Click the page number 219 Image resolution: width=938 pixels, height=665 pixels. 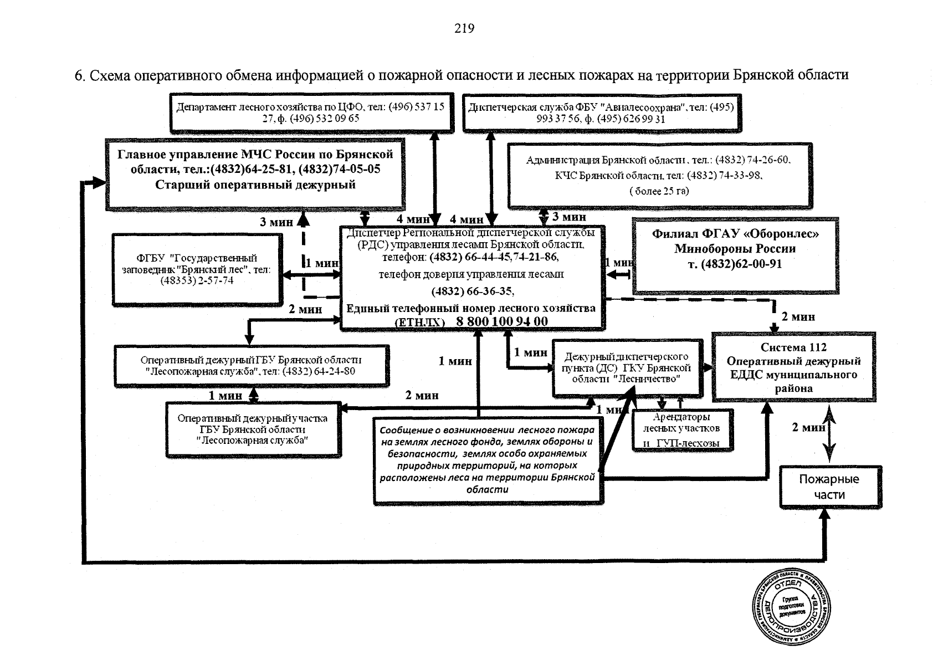point(464,29)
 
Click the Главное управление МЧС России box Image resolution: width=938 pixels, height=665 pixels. point(255,173)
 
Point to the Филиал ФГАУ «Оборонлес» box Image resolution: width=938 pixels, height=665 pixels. point(735,254)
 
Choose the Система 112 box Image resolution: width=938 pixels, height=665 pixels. point(793,367)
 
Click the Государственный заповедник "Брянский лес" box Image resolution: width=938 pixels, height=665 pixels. point(197,269)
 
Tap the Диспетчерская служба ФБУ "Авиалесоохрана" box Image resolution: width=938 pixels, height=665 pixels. point(601,112)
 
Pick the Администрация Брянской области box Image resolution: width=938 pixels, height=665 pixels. point(659,175)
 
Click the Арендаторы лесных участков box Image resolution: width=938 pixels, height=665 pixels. point(681,430)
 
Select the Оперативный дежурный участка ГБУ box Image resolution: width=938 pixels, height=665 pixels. point(253,429)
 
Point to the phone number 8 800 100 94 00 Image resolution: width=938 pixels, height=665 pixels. point(502,322)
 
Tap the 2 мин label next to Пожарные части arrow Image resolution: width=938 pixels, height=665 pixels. point(808,428)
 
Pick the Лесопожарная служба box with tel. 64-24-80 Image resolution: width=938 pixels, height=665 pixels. point(252,365)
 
